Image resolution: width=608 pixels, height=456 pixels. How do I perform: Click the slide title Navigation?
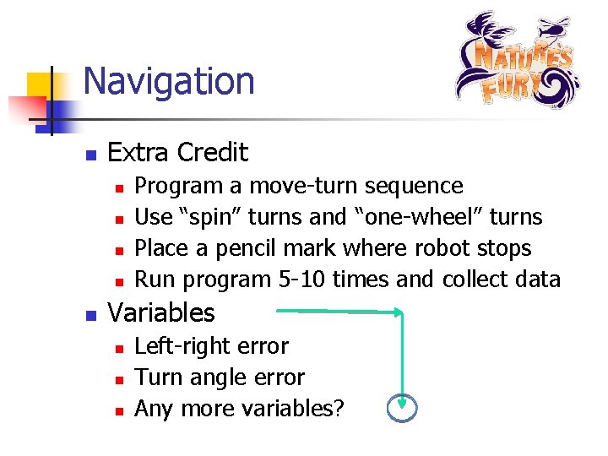[x=169, y=82]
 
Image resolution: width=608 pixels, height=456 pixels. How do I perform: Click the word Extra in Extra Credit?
[x=138, y=153]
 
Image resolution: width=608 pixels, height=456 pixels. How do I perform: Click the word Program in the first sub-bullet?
[x=173, y=186]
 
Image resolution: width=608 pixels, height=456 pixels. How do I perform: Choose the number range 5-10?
[x=301, y=280]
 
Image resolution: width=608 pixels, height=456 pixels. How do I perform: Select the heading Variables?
[x=162, y=313]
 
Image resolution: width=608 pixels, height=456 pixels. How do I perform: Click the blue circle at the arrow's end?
[x=402, y=408]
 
